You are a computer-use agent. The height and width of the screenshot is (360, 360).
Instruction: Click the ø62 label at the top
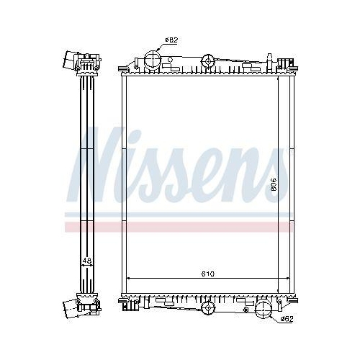(x=171, y=40)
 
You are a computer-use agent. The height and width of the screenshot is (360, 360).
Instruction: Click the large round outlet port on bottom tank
(x=263, y=310)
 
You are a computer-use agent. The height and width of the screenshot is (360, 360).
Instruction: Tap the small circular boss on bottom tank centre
(x=209, y=308)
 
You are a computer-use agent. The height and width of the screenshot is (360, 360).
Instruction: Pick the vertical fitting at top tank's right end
(x=272, y=60)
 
